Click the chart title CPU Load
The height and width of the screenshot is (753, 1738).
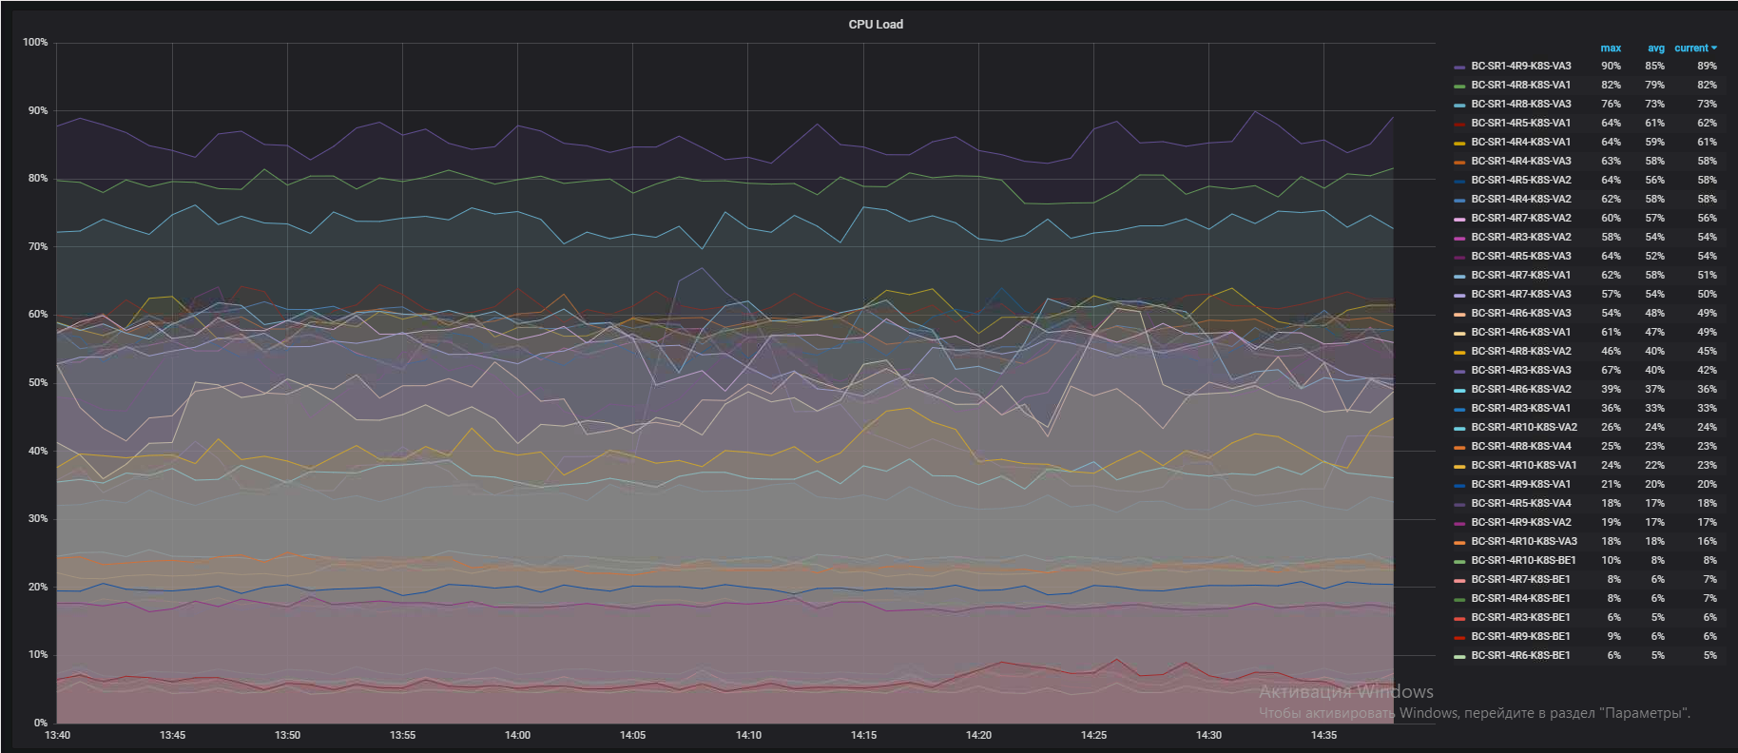[876, 25]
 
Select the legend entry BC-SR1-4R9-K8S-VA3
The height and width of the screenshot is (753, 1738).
[1520, 67]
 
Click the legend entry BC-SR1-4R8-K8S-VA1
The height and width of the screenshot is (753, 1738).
[1520, 86]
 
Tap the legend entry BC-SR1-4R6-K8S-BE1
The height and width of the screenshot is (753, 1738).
[1520, 656]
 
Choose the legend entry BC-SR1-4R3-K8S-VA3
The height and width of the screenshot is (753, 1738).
[1520, 371]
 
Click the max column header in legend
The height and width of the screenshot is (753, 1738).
[1611, 48]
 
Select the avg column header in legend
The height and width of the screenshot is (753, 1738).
[1656, 48]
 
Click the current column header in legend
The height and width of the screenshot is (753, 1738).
[1695, 48]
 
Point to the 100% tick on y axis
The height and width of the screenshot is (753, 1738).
[35, 43]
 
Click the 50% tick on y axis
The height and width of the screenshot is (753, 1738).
[37, 383]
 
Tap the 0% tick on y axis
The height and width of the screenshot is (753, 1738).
[41, 724]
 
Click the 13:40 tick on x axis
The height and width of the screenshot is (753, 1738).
[57, 735]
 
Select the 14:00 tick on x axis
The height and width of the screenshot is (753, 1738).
[517, 735]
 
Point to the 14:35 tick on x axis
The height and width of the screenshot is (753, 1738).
[1323, 735]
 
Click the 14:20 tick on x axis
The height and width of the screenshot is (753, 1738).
[978, 735]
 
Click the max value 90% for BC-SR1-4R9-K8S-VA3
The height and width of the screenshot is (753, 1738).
[1611, 67]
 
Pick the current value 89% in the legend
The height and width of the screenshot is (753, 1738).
[1707, 67]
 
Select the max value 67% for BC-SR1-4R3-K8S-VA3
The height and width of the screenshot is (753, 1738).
[1611, 371]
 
